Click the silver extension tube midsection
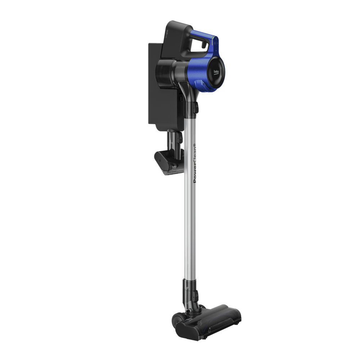tap(190, 216)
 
